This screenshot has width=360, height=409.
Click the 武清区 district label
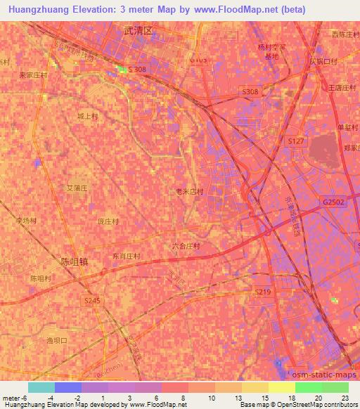coord(138,32)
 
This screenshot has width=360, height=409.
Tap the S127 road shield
coord(295,141)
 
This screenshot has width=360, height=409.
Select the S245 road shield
coord(93,300)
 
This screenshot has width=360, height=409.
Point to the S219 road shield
coord(262,292)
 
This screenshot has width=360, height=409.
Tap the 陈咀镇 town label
coord(74,261)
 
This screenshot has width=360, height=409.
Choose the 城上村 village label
coord(88,116)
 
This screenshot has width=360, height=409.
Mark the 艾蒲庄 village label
coord(76,188)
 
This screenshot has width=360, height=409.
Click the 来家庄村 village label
coord(33,74)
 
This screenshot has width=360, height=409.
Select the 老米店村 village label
coord(189,191)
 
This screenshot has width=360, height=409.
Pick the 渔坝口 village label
coord(56,340)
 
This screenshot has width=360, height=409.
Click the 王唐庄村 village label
coord(343,88)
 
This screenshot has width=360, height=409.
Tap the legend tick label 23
coord(345,397)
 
